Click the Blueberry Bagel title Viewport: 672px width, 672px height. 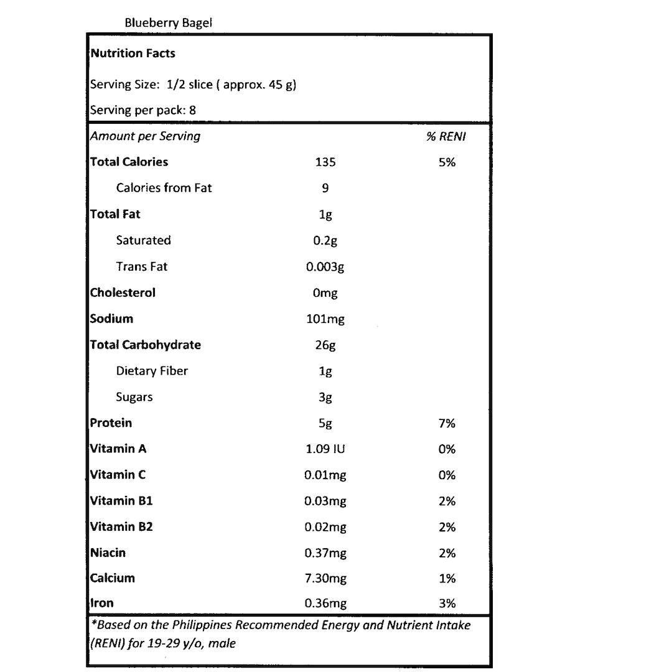168,23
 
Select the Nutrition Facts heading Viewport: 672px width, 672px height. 133,54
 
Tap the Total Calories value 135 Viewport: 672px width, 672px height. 325,162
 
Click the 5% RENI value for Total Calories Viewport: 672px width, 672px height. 447,162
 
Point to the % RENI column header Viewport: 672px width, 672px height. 446,136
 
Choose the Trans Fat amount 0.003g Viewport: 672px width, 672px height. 325,267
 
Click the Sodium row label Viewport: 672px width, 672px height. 111,319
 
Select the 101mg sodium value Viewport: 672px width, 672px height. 325,319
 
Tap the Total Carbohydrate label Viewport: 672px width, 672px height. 145,345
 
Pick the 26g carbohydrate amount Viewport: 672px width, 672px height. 325,345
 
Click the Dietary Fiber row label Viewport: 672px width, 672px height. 152,371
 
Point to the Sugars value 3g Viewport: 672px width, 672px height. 325,398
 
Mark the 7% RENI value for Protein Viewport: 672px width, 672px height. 447,424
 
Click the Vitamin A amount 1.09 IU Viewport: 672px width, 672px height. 325,449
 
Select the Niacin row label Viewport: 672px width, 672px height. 108,553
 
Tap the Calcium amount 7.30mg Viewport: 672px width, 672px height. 325,579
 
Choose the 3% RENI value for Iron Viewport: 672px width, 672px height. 447,604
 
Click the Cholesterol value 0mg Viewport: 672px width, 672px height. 325,293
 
